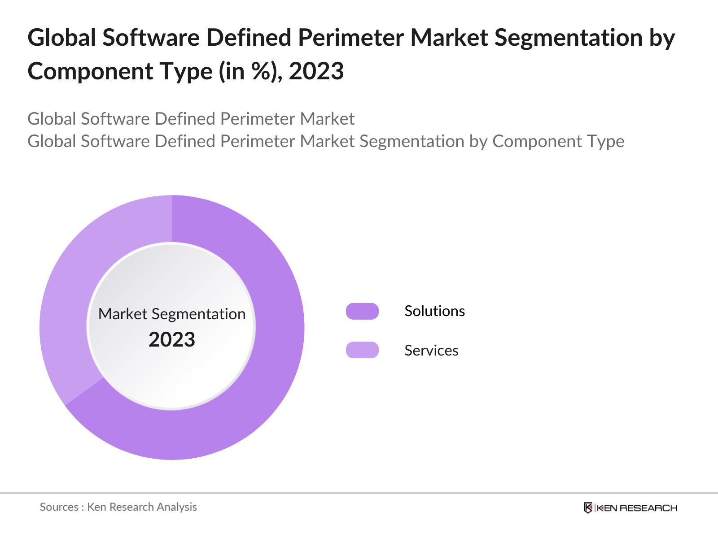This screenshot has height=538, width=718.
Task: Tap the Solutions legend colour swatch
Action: [x=362, y=311]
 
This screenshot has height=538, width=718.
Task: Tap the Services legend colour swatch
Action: [x=362, y=350]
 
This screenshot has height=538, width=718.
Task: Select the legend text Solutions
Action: [x=434, y=311]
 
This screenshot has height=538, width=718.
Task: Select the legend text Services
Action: [x=431, y=351]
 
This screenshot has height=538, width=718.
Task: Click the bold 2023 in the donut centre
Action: [x=172, y=340]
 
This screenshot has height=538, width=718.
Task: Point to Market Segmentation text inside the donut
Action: [x=172, y=314]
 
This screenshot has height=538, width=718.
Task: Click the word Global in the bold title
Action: [x=62, y=38]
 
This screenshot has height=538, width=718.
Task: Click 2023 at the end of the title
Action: [x=316, y=72]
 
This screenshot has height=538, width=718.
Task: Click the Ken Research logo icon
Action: [x=588, y=508]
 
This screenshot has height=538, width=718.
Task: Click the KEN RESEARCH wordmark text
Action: [x=637, y=508]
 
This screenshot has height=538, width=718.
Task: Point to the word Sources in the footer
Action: [x=59, y=507]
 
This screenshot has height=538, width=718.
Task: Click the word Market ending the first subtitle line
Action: [x=327, y=119]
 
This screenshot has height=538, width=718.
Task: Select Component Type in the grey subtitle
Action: [x=558, y=141]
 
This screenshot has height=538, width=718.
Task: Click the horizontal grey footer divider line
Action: [x=359, y=493]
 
